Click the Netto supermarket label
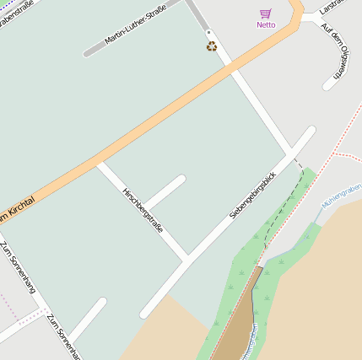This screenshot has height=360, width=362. coord(266,24)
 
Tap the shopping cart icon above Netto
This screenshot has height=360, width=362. coord(266,13)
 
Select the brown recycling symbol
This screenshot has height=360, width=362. coord(212,46)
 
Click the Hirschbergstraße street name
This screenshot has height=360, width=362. coord(143,211)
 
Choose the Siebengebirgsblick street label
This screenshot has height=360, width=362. coord(253,190)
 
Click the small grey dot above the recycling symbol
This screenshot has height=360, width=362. coord(208,33)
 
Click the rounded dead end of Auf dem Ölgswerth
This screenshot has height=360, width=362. coord(328,86)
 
